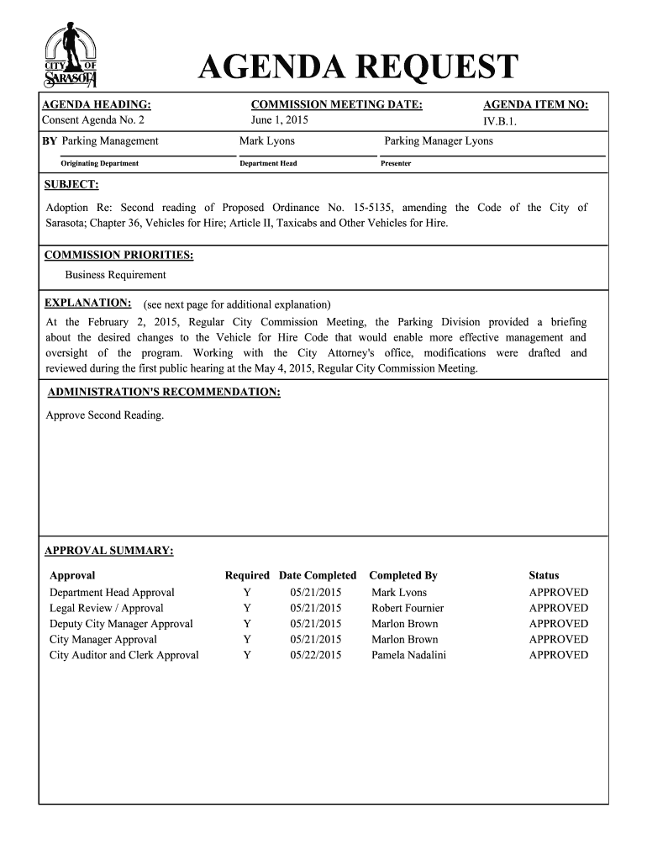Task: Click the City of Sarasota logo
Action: click(x=71, y=57)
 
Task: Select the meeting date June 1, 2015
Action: click(x=280, y=119)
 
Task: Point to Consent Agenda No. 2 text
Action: click(x=94, y=119)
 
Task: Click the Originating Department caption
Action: click(x=99, y=163)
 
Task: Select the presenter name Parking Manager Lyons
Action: click(x=439, y=140)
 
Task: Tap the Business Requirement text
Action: click(x=116, y=275)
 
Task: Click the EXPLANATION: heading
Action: click(x=87, y=303)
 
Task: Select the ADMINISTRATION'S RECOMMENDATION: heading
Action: click(x=164, y=393)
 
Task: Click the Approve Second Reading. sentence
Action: click(x=105, y=415)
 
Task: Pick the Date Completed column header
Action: click(x=318, y=575)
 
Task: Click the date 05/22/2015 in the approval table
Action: click(x=316, y=655)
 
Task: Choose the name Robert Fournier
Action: click(x=408, y=608)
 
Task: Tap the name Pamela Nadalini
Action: click(x=408, y=655)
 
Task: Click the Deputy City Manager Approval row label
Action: click(x=121, y=624)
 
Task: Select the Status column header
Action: click(x=544, y=575)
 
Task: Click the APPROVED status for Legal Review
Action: click(x=558, y=608)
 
